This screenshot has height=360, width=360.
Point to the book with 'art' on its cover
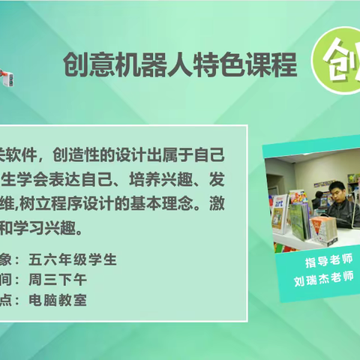(x=279, y=210)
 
